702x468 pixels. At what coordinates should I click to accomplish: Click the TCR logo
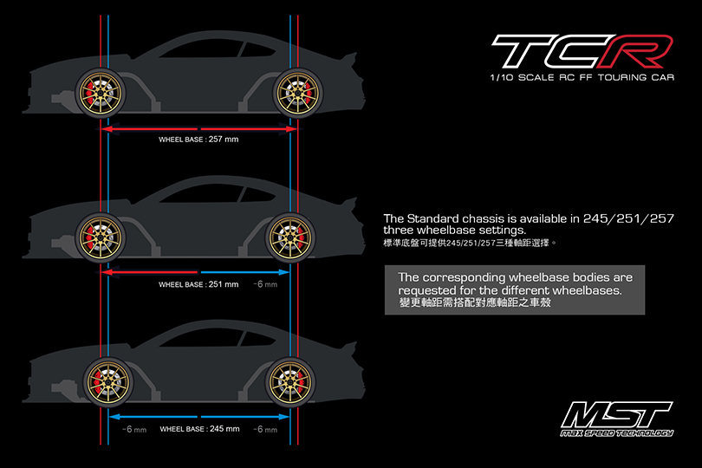[582, 50]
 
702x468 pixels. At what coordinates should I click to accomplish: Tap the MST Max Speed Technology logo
[617, 419]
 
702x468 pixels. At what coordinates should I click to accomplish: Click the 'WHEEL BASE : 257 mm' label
[198, 140]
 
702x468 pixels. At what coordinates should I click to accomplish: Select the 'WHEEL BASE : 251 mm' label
[198, 284]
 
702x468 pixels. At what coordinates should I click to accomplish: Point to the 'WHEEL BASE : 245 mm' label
[199, 429]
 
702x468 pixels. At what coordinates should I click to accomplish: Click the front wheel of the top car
[101, 93]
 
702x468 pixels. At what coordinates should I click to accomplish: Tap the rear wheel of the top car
[298, 93]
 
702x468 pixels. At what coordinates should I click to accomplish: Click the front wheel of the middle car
[101, 237]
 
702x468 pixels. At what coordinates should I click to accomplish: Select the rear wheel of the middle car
[290, 237]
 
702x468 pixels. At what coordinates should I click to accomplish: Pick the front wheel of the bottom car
[107, 382]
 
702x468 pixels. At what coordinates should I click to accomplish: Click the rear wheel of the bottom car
[290, 382]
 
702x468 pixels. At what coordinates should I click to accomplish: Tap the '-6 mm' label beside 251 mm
[265, 284]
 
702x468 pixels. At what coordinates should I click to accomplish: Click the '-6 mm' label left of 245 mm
[134, 430]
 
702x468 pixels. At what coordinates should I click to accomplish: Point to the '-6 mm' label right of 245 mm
[265, 430]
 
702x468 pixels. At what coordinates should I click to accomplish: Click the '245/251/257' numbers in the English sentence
[628, 218]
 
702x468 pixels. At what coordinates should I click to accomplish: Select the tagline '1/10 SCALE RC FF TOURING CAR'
[582, 77]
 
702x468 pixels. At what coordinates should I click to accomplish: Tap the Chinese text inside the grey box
[475, 302]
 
